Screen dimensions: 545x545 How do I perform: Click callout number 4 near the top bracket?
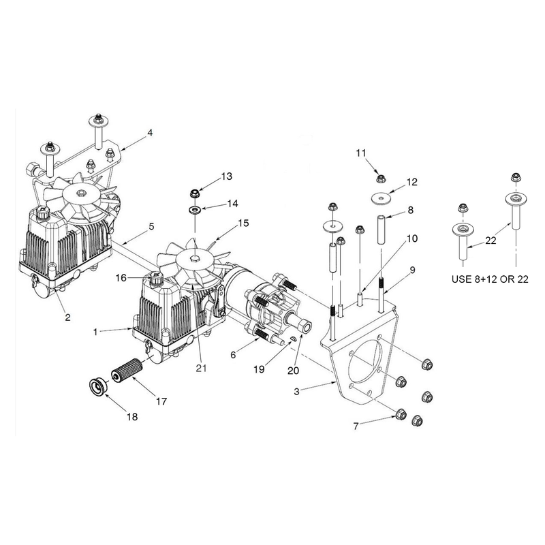(x=150, y=133)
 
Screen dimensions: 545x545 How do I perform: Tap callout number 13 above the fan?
(x=227, y=176)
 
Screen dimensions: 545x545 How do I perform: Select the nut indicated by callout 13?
(x=195, y=192)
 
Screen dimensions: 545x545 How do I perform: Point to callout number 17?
(x=161, y=401)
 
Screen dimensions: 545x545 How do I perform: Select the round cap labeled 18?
(x=97, y=386)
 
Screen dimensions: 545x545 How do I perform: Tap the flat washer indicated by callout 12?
(x=381, y=198)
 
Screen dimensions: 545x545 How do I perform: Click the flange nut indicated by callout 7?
(x=401, y=414)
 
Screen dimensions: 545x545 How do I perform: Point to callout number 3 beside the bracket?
(x=296, y=392)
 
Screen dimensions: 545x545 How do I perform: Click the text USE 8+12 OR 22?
(x=490, y=279)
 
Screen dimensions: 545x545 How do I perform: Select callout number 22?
(x=490, y=240)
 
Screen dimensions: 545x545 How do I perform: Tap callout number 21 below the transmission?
(x=201, y=368)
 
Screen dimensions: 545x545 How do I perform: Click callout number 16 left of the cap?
(x=121, y=278)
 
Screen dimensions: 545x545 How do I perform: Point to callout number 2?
(x=67, y=317)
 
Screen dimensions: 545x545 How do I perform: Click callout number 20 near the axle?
(x=293, y=371)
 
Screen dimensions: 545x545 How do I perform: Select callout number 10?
(x=412, y=238)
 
